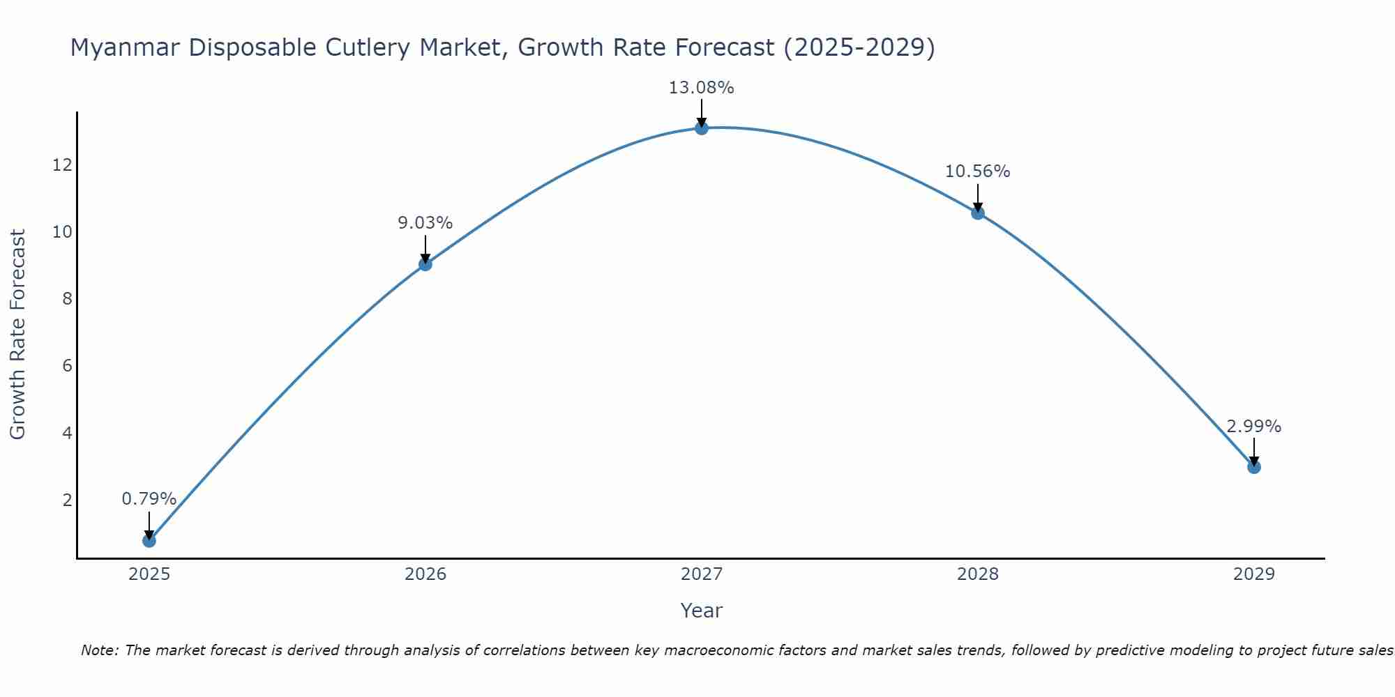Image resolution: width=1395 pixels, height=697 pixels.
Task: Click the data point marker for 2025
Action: click(x=149, y=540)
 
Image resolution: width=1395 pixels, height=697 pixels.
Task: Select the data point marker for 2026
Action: click(x=425, y=264)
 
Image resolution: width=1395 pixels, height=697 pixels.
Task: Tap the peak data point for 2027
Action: click(x=702, y=128)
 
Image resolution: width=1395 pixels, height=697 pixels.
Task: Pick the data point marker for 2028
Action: click(x=978, y=213)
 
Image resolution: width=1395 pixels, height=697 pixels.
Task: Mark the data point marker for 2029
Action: click(x=1254, y=467)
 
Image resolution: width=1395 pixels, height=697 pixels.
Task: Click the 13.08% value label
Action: click(x=701, y=88)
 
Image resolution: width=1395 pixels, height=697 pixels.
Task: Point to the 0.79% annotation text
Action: click(x=149, y=499)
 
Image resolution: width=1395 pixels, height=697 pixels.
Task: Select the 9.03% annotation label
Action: click(x=425, y=223)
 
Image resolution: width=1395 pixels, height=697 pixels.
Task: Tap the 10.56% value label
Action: click(x=977, y=171)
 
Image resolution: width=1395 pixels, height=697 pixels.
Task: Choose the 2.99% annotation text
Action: click(x=1253, y=427)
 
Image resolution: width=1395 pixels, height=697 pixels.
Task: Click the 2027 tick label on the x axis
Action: click(x=702, y=574)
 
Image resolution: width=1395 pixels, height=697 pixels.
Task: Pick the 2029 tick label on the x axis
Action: click(x=1254, y=574)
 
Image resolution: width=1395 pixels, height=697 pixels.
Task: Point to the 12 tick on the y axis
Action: click(x=62, y=165)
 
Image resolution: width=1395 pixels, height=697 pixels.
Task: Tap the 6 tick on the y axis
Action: click(x=67, y=366)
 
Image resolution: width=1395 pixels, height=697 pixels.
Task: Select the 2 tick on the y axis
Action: click(x=67, y=500)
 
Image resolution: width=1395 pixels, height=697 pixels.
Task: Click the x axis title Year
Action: click(x=701, y=611)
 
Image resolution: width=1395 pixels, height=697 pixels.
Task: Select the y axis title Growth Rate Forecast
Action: click(x=18, y=335)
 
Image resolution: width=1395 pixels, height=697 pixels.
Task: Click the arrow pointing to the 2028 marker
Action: click(x=978, y=197)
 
